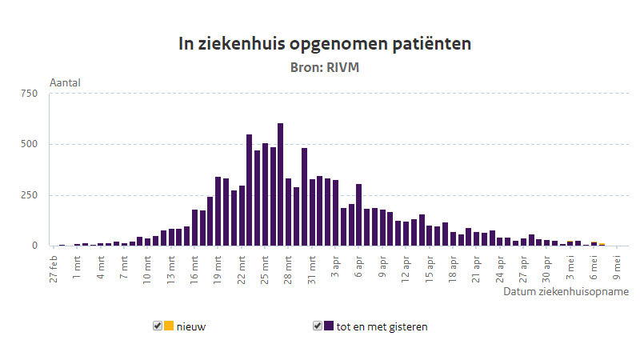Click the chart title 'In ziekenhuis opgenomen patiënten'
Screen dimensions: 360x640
coord(324,44)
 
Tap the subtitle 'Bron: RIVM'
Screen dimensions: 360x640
coord(324,67)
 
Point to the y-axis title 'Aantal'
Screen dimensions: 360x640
coord(66,82)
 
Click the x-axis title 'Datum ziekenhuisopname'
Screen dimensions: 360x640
coord(566,292)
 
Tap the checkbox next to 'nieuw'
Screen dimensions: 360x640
coord(158,326)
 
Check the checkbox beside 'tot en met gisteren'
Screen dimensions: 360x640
coord(318,326)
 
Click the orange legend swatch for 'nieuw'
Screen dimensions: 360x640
coord(169,326)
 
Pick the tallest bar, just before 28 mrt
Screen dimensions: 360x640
coord(280,185)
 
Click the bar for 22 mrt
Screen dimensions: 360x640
coord(242,216)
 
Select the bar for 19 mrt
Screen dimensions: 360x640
coord(218,211)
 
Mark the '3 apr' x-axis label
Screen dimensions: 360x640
coord(335,262)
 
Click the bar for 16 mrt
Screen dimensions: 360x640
coord(195,228)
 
